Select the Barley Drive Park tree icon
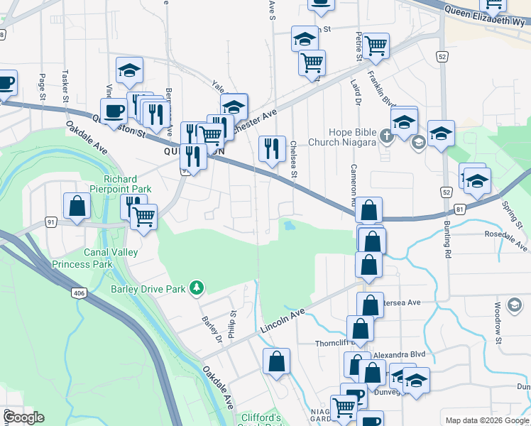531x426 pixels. pyautogui.click(x=197, y=288)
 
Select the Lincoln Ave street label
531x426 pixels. pyautogui.click(x=282, y=321)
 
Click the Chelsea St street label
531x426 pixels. pyautogui.click(x=293, y=159)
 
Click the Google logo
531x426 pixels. pyautogui.click(x=23, y=417)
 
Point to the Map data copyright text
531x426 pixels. pyautogui.click(x=486, y=420)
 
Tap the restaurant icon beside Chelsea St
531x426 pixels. pyautogui.click(x=272, y=149)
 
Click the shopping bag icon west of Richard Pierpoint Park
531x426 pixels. pyautogui.click(x=77, y=206)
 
